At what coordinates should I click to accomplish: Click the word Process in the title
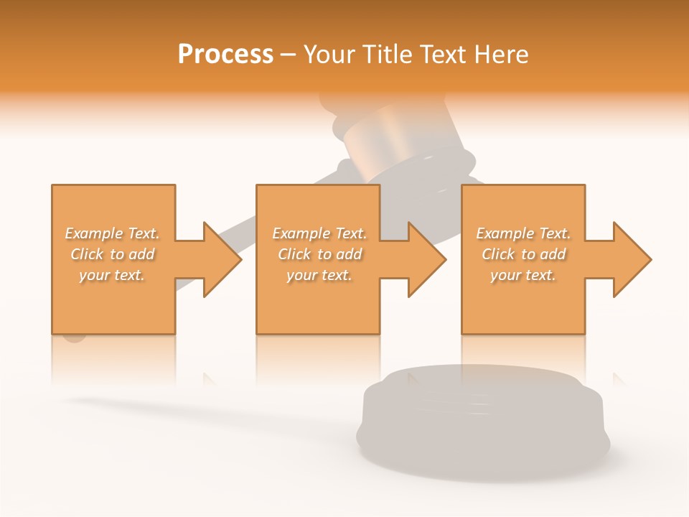coord(225,55)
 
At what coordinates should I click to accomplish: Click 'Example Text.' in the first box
coord(112,233)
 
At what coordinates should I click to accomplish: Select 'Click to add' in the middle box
coord(319,254)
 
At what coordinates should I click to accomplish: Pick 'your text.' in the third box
coord(523,275)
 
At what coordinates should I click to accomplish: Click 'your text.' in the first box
coord(112,275)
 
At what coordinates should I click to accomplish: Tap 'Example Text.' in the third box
coord(523,233)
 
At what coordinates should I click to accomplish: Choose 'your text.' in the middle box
coord(319,275)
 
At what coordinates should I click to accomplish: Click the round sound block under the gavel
coord(482,424)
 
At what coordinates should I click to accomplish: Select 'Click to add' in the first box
coord(112,254)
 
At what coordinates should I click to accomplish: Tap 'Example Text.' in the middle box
coord(319,233)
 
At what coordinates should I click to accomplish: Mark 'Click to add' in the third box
coord(523,254)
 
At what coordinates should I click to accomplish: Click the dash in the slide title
coord(289,55)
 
